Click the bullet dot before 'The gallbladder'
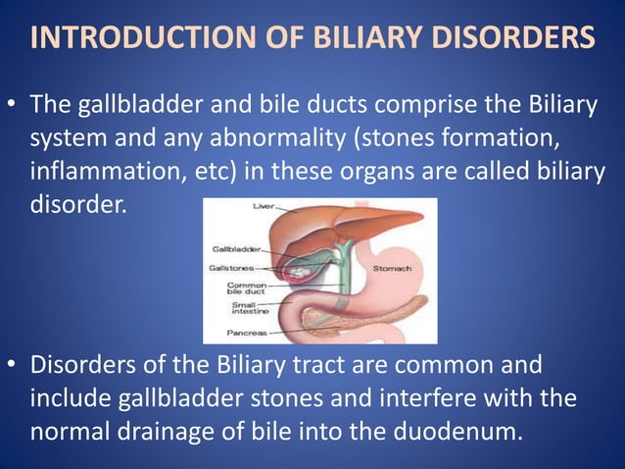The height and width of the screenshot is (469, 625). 15,105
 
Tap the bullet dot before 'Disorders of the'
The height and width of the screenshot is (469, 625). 15,368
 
